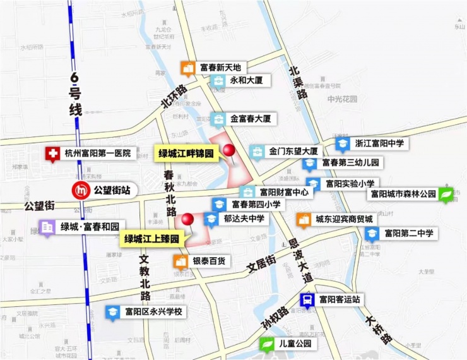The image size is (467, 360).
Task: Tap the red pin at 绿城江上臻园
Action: coord(187,220)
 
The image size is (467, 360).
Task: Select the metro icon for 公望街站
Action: coord(81,189)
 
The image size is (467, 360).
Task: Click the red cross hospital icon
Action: coord(53,153)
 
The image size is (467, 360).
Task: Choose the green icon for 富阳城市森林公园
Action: coord(447,195)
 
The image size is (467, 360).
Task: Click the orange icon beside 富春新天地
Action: coord(187,68)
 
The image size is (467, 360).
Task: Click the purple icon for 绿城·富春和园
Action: coord(48,226)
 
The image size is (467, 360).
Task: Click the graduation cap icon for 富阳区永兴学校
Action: coord(112,312)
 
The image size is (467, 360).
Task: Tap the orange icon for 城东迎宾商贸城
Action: coord(304,219)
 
